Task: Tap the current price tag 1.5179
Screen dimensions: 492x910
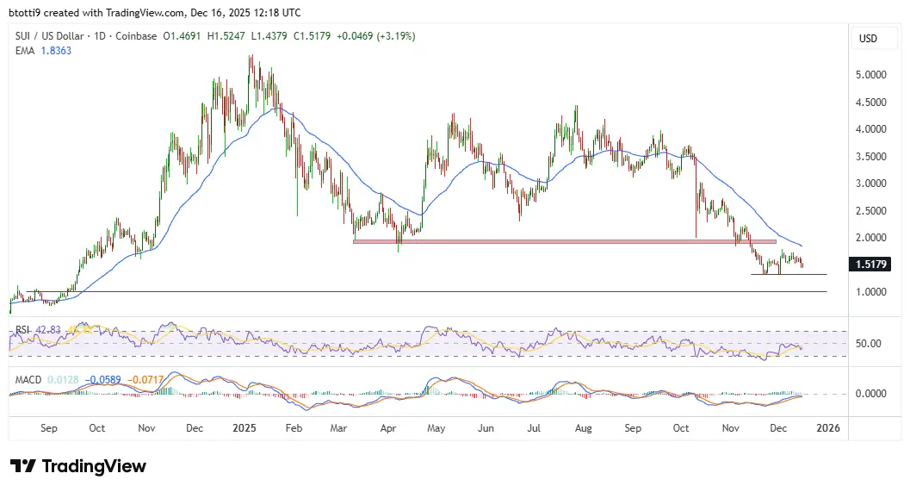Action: pos(872,265)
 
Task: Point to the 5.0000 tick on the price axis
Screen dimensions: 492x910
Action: pos(872,75)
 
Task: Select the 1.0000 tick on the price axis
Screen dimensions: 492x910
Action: pos(872,292)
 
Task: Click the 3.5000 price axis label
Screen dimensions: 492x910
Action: pos(872,157)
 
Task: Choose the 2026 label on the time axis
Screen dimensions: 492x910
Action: pos(827,428)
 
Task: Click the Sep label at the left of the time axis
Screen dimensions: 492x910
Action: pos(48,428)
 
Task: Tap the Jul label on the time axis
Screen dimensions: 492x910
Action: pos(534,428)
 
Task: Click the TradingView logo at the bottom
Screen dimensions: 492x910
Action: pos(78,466)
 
